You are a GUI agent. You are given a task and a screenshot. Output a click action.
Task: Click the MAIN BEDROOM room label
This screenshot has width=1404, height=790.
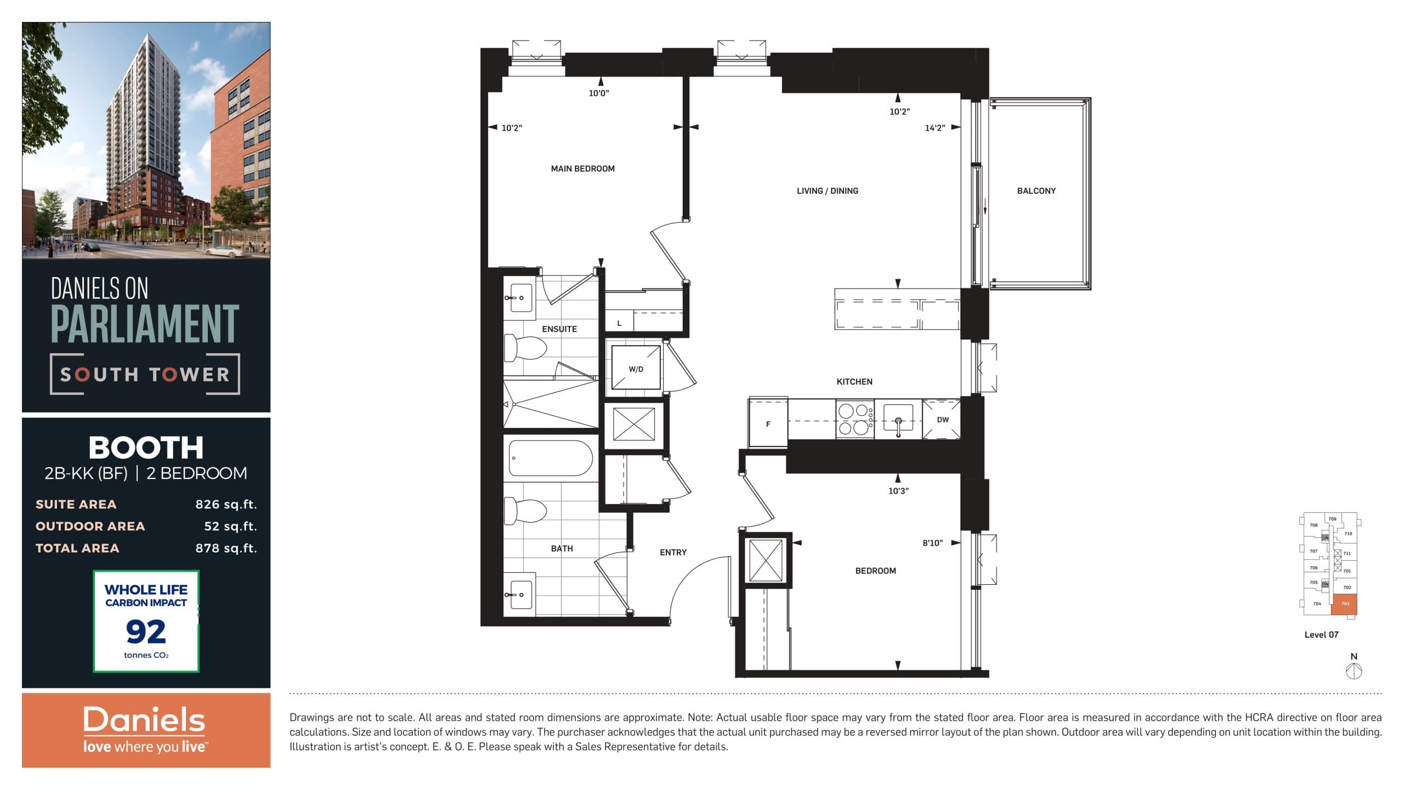click(582, 169)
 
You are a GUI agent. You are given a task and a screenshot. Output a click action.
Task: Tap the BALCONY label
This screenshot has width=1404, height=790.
click(1036, 191)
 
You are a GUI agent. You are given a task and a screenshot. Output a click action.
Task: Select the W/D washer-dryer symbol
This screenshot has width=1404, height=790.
click(636, 369)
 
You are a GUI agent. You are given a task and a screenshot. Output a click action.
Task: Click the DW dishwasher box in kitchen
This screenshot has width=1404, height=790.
click(942, 420)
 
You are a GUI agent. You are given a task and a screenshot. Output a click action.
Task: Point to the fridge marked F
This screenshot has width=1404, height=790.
click(768, 424)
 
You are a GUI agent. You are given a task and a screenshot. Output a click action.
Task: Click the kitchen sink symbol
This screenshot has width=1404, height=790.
click(898, 421)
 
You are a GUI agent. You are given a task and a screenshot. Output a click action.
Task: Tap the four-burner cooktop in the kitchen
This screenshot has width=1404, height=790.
click(854, 420)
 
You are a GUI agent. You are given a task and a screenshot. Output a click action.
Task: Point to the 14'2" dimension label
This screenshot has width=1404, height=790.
click(935, 128)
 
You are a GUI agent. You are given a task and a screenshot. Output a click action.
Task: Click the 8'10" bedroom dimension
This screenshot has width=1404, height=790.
click(932, 543)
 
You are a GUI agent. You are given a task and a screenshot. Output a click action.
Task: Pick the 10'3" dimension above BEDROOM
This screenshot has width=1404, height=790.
click(898, 491)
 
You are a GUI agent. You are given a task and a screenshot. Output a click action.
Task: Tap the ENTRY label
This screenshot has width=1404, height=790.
click(673, 552)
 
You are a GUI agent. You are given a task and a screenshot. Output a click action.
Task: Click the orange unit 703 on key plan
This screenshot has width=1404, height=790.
click(1344, 604)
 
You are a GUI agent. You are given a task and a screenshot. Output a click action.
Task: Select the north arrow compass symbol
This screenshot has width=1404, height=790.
click(1354, 670)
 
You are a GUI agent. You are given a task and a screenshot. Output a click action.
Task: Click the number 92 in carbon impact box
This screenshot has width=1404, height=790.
click(146, 632)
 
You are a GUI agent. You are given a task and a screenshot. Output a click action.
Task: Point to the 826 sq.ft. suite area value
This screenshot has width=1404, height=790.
click(226, 504)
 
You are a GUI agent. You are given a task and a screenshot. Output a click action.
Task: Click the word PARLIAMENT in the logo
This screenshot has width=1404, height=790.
click(145, 324)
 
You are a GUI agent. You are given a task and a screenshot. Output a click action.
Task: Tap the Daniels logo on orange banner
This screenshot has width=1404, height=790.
click(144, 720)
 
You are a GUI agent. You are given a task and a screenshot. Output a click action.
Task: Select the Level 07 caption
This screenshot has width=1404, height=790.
click(1321, 635)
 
